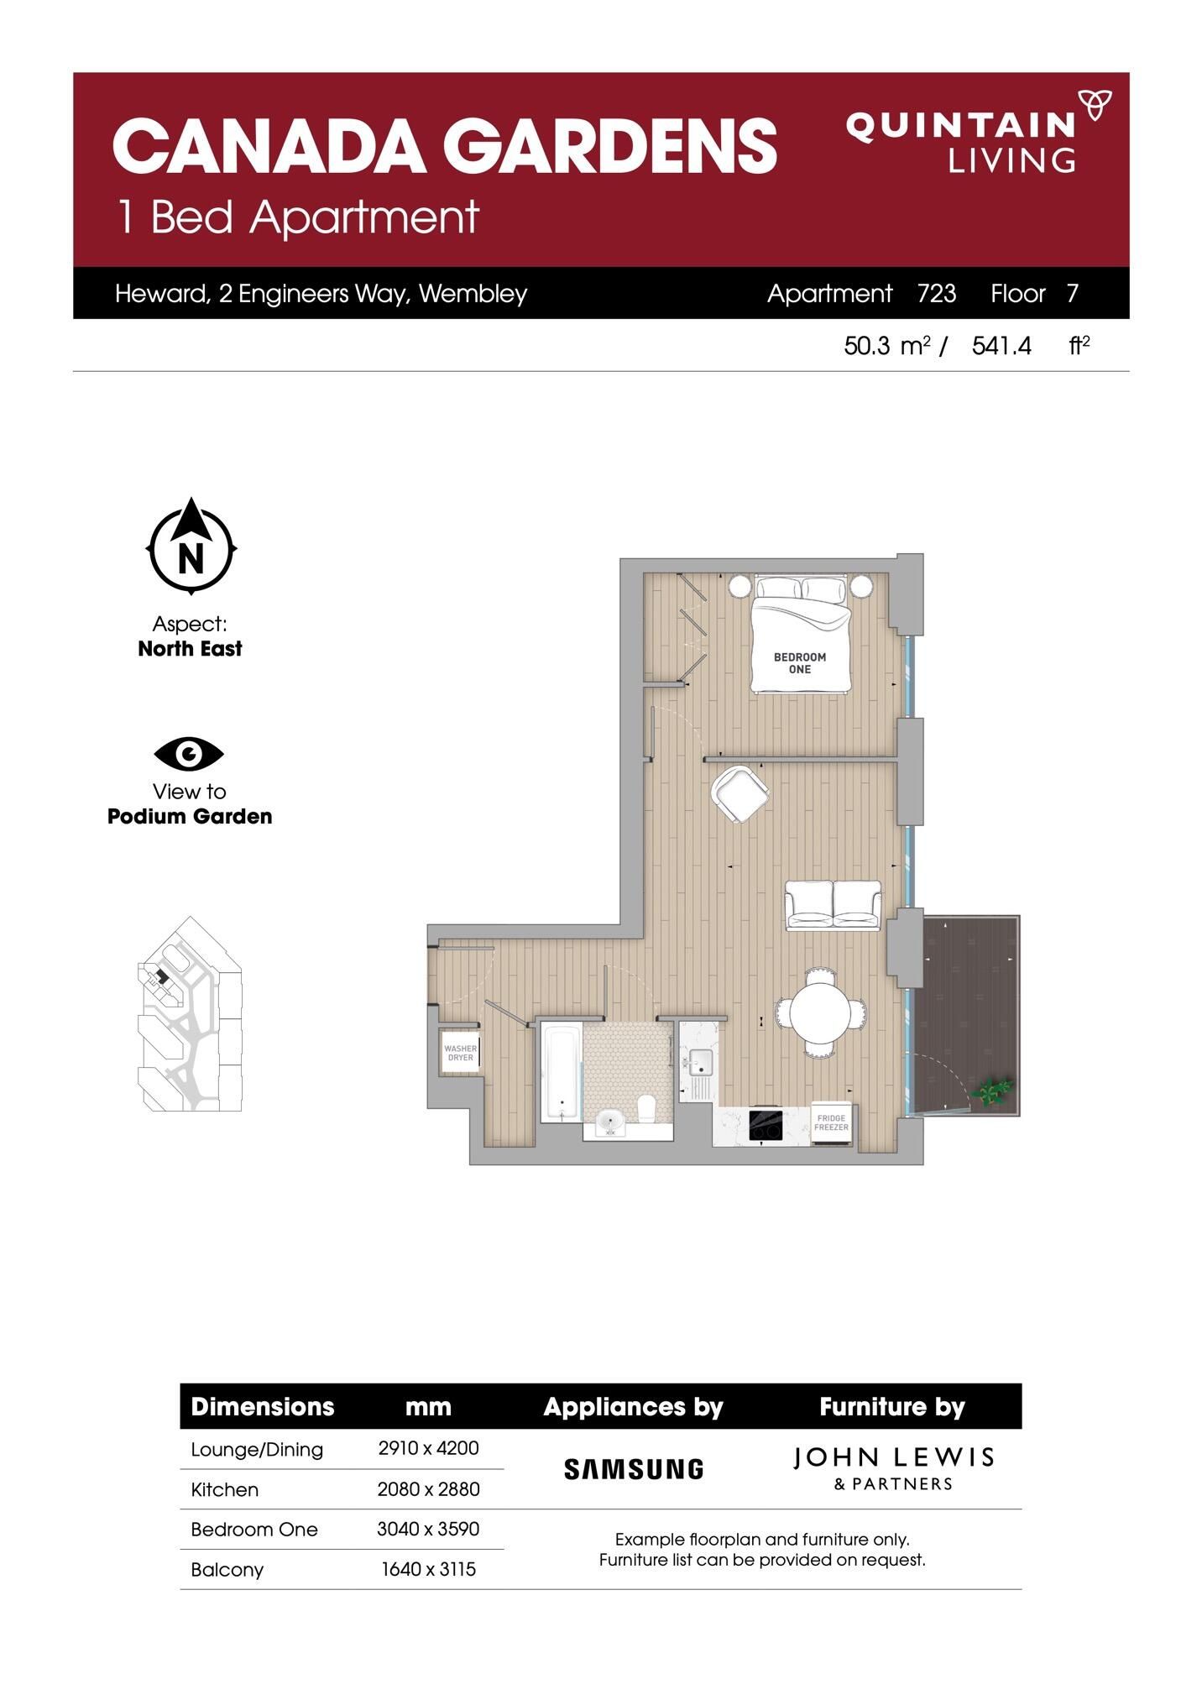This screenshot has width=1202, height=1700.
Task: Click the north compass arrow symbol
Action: pos(191,547)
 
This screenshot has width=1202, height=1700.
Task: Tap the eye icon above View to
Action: pos(189,754)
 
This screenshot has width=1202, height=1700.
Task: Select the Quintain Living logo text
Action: pos(961,143)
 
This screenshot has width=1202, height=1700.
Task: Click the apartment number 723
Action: pos(937,294)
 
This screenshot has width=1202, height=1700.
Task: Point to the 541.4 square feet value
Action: pos(1001,346)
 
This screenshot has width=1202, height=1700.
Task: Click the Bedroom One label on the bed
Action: pos(800,663)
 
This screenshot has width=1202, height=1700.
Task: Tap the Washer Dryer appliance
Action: pos(460,1052)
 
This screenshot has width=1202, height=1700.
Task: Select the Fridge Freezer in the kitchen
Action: pos(831,1123)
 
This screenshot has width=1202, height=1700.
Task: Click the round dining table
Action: pos(822,1012)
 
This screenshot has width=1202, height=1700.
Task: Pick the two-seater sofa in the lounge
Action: pos(833,904)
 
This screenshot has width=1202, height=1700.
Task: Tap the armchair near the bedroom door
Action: pos(739,793)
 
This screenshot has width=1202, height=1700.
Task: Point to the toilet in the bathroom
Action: pos(647,1109)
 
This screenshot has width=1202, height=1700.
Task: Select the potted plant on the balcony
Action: pos(992,1092)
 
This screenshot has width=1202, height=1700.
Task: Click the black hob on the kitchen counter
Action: pos(766,1125)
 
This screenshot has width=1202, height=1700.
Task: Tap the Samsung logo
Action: pos(634,1469)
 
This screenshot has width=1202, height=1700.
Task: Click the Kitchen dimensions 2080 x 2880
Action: pos(428,1489)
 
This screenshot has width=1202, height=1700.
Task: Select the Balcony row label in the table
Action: pos(227,1570)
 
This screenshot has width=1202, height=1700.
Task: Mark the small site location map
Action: pos(190,1014)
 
